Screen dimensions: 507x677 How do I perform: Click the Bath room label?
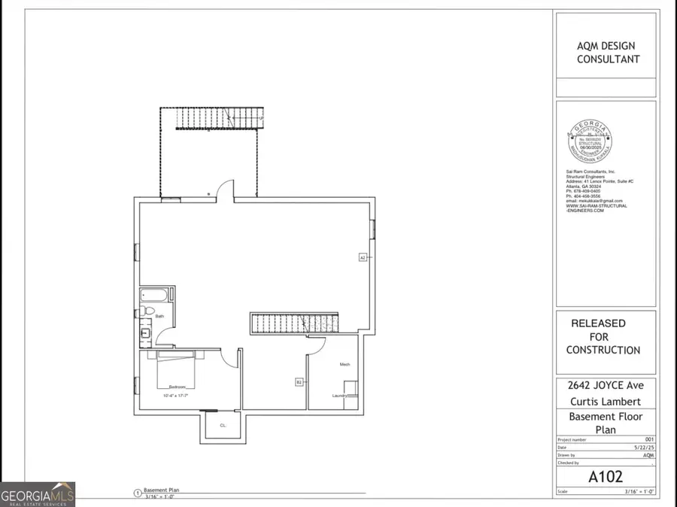click(x=159, y=317)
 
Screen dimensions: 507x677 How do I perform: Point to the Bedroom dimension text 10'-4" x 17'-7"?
click(x=175, y=396)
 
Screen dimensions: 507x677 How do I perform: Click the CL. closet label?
click(x=223, y=426)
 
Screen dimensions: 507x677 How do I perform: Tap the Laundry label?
click(x=339, y=396)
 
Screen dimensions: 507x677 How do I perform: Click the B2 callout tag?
click(x=299, y=383)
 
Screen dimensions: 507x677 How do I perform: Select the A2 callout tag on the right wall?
click(x=362, y=258)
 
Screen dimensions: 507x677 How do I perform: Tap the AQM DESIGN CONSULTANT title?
click(x=606, y=52)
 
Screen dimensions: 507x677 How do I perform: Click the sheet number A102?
click(x=606, y=475)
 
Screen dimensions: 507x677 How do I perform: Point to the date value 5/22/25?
click(x=645, y=447)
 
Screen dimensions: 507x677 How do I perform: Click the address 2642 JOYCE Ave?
click(x=606, y=384)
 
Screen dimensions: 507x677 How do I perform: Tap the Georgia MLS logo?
click(x=38, y=495)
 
